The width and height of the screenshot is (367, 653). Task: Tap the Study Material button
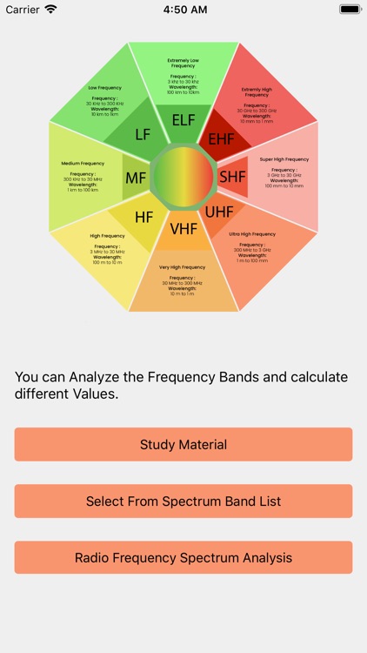(183, 444)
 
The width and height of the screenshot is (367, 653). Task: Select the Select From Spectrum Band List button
(183, 502)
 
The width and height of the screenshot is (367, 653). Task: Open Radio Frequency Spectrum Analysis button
(183, 558)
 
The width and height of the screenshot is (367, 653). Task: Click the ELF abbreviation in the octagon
(183, 120)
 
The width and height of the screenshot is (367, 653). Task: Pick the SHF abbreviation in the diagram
(232, 177)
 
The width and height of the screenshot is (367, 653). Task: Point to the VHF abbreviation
(183, 229)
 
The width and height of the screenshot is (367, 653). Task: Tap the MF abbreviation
(136, 178)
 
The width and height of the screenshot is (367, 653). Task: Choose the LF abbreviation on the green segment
(143, 134)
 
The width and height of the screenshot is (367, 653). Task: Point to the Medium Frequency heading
(83, 164)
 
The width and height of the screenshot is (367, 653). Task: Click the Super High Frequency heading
(284, 159)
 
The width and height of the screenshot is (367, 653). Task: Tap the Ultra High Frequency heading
(252, 234)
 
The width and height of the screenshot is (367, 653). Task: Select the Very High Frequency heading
(183, 267)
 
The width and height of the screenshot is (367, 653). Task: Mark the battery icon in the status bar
(350, 9)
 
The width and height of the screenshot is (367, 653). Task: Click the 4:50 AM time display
(183, 9)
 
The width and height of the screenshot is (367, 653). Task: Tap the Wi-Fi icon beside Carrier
(50, 9)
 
